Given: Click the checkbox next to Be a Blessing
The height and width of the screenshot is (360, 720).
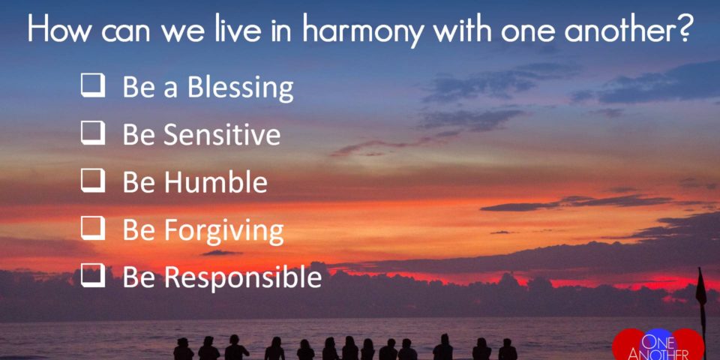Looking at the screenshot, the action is point(93,86).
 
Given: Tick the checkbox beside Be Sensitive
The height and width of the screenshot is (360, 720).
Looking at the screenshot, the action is point(93,134).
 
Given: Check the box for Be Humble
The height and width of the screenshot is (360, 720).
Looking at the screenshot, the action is point(93,181).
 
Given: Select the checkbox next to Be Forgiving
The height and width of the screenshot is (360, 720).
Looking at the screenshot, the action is point(93,229).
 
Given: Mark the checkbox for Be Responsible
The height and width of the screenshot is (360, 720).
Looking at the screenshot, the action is point(93,277).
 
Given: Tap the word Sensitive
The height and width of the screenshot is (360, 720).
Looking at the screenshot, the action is point(222,134).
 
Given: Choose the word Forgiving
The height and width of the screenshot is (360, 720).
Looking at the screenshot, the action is point(223,232).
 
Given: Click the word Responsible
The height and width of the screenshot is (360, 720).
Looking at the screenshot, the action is point(243,279).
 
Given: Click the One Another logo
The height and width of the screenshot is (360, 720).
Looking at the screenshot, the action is point(659,345).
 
